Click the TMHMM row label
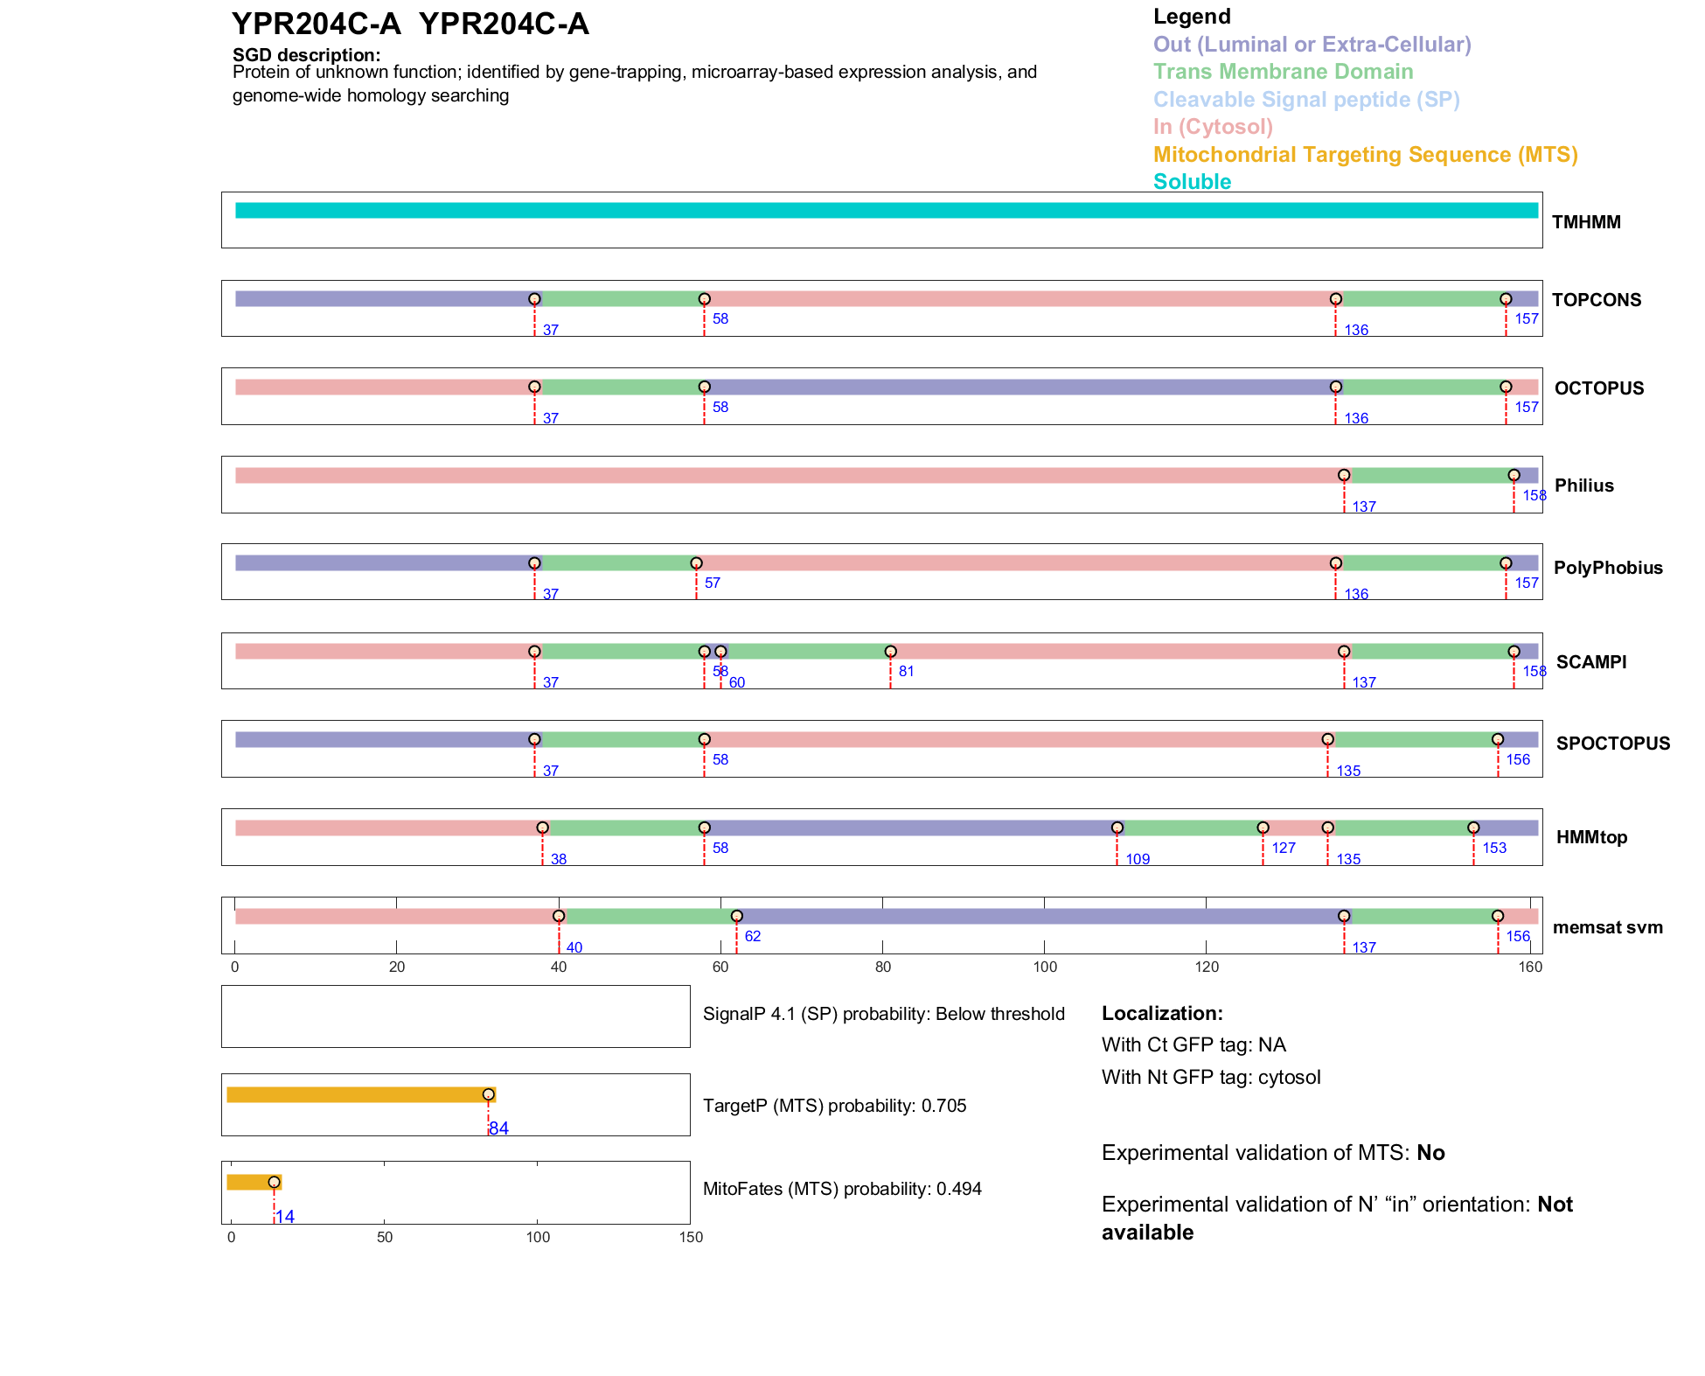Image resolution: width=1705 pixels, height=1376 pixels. (x=1585, y=222)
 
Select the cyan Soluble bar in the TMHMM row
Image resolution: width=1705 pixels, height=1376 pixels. (x=886, y=211)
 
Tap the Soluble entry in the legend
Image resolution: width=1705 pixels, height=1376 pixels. (x=1192, y=182)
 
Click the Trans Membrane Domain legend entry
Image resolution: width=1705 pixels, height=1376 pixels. (x=1283, y=72)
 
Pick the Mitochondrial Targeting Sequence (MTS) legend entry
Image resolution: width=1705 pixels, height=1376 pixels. (x=1365, y=155)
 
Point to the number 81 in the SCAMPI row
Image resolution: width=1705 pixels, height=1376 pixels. (x=906, y=671)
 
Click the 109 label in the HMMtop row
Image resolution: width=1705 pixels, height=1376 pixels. (x=1138, y=859)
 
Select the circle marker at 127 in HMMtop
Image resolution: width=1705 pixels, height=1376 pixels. (x=1263, y=828)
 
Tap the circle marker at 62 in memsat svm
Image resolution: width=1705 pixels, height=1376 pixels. (x=736, y=916)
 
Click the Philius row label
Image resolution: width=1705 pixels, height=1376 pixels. (x=1583, y=485)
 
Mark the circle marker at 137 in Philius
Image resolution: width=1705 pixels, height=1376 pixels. (x=1344, y=475)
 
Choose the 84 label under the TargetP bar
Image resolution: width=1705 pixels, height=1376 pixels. (x=498, y=1128)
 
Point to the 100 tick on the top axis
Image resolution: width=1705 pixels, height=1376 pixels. (x=1045, y=967)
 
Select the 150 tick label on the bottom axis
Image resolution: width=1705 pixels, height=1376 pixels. (x=691, y=1237)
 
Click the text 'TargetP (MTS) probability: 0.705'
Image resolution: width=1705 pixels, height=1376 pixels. (x=834, y=1106)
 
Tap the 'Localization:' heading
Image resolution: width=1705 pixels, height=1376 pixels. (x=1162, y=1013)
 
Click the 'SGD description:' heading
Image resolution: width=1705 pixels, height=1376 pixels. (x=306, y=55)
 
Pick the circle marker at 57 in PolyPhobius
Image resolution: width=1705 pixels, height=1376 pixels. (x=696, y=563)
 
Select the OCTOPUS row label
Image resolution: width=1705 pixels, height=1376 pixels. (x=1598, y=388)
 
